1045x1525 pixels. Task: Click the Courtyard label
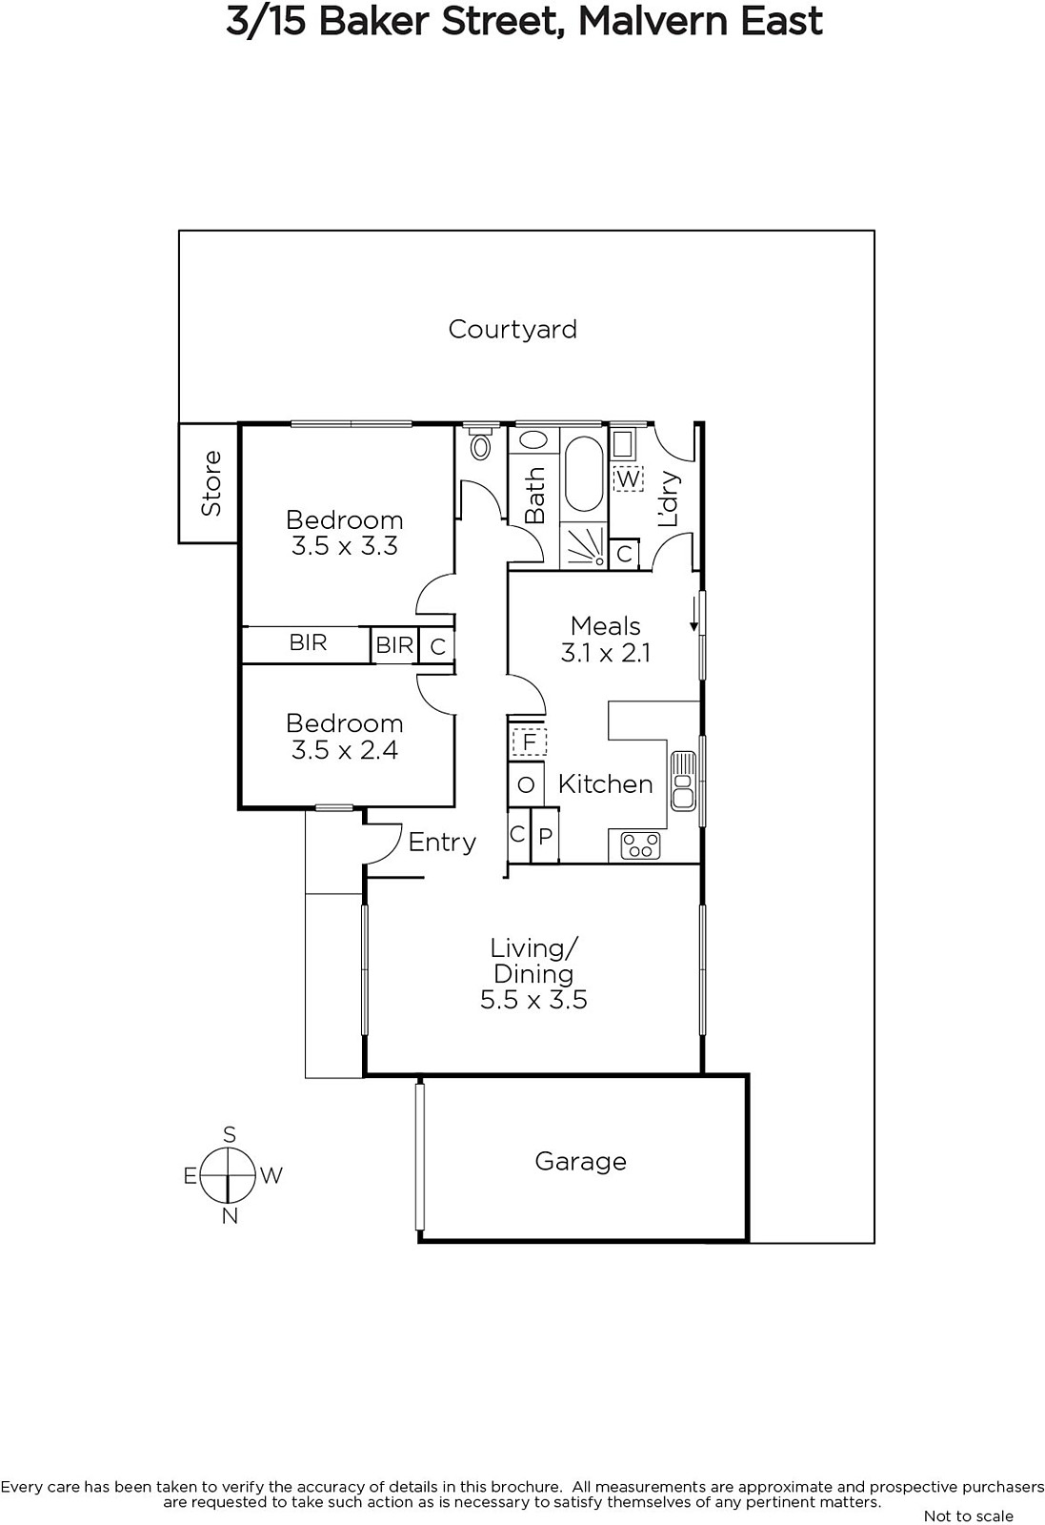(x=512, y=330)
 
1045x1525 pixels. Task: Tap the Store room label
(x=211, y=483)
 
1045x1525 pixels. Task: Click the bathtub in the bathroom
(x=584, y=473)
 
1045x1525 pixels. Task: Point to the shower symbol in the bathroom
(x=584, y=546)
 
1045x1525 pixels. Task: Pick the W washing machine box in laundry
(x=628, y=478)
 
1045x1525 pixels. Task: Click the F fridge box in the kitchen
(x=529, y=741)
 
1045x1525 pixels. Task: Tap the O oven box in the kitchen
(x=526, y=784)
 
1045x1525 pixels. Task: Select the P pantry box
(x=545, y=835)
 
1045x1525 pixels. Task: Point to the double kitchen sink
(x=683, y=781)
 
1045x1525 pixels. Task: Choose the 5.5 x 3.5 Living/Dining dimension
(x=533, y=1000)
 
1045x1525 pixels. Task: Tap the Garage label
(x=580, y=1162)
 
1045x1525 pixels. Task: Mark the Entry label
(x=442, y=843)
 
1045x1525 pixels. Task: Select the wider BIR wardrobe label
(x=308, y=642)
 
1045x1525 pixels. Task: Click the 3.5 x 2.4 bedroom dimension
(x=344, y=750)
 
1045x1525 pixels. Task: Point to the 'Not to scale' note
(x=968, y=1515)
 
